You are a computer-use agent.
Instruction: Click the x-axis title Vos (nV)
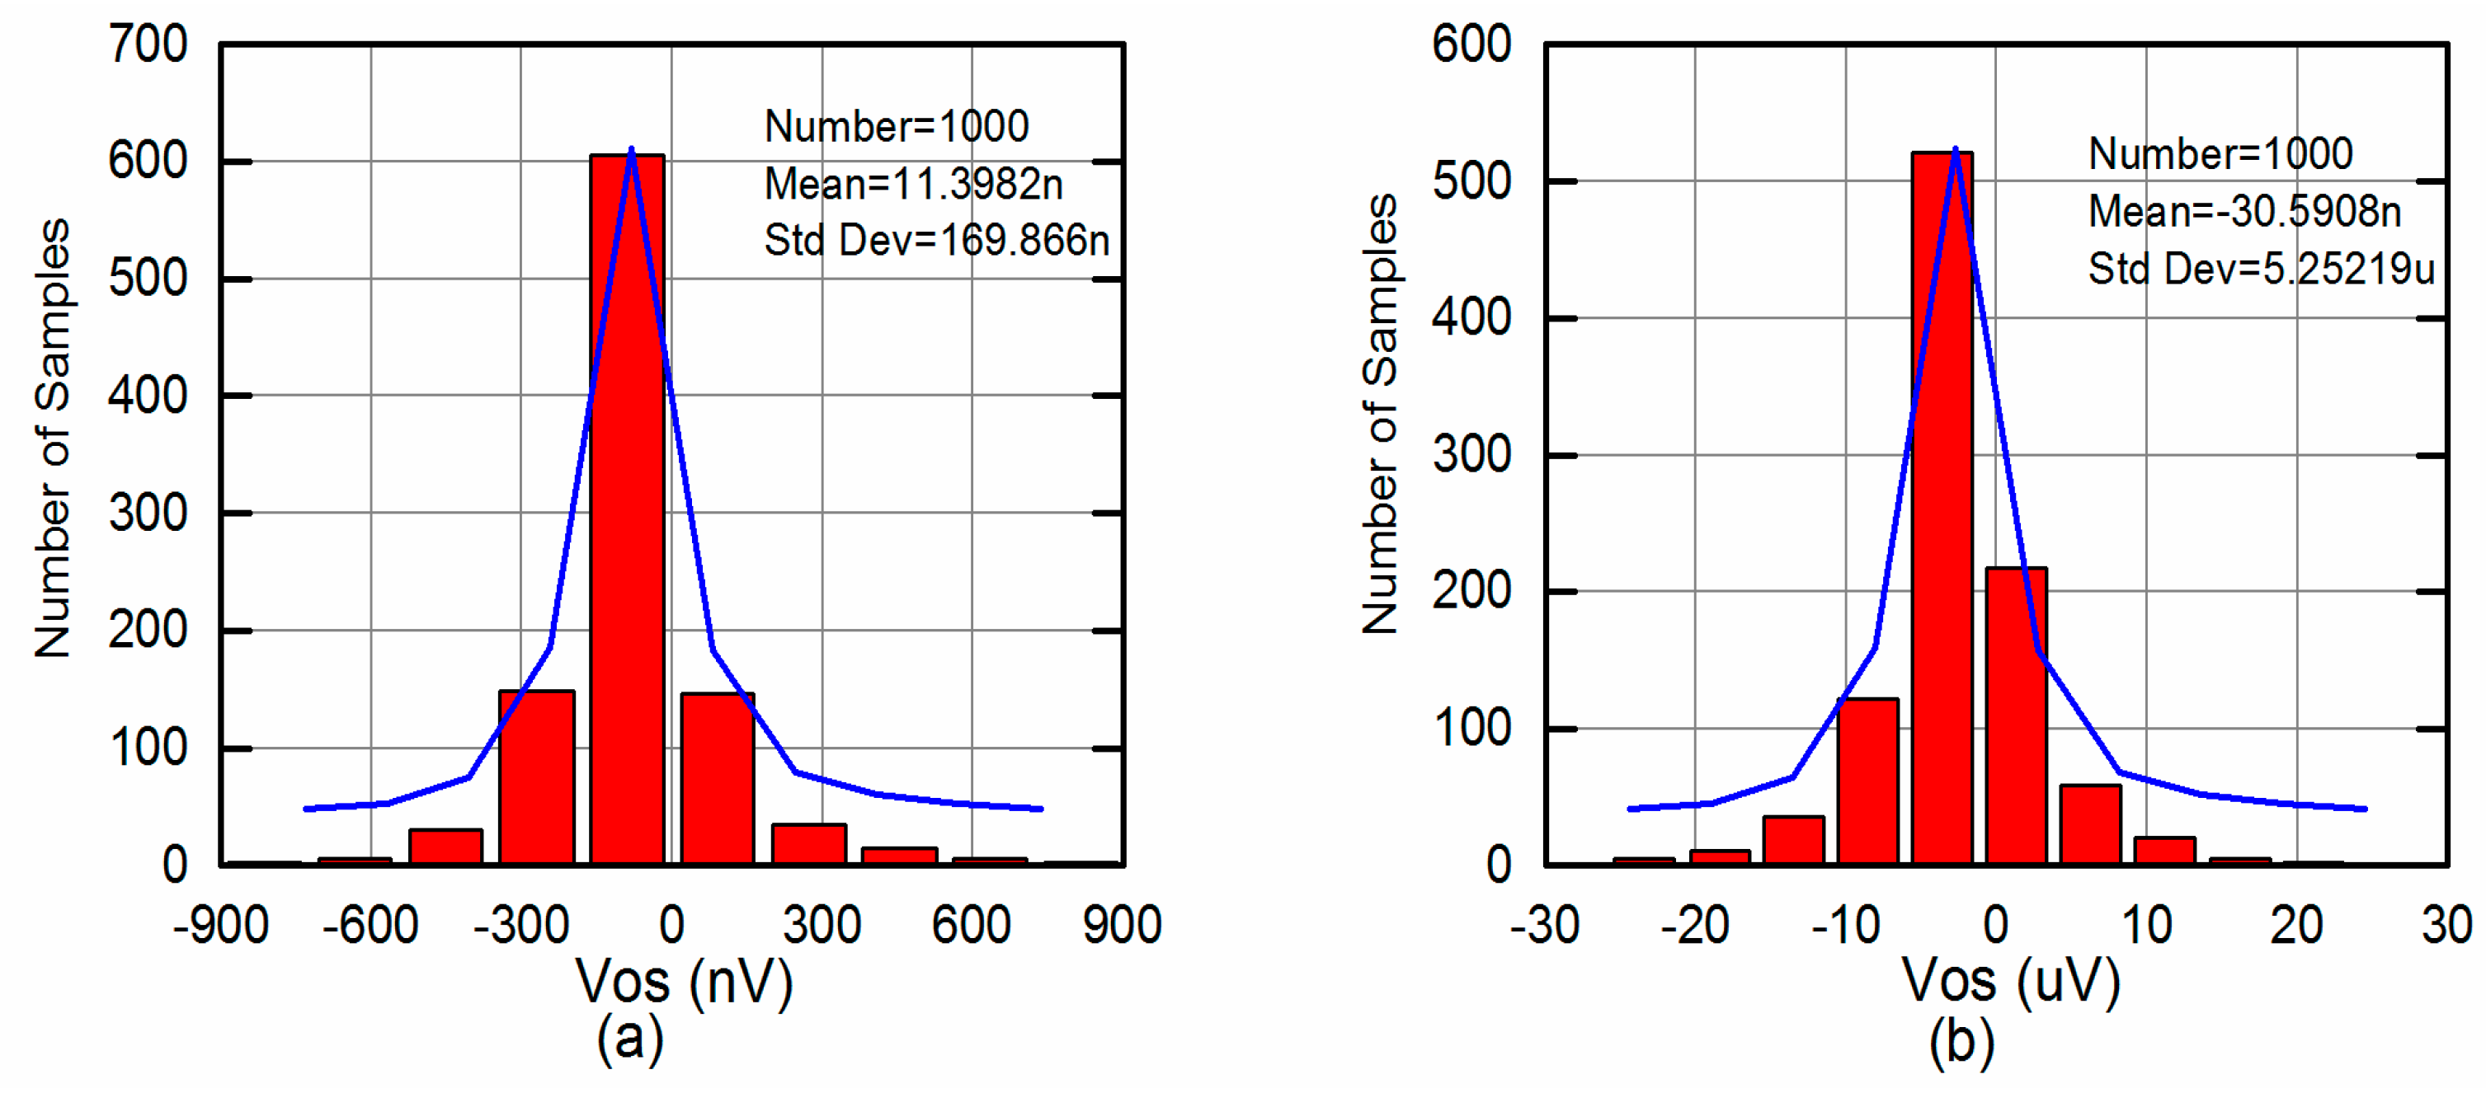[685, 982]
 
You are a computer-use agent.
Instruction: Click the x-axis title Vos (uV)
[2011, 982]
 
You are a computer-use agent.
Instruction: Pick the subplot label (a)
[630, 1039]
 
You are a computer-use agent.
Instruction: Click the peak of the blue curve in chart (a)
[631, 149]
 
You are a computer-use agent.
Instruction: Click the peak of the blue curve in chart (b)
[1955, 149]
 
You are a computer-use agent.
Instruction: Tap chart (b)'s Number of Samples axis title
[1380, 415]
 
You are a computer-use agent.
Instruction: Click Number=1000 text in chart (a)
[897, 126]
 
